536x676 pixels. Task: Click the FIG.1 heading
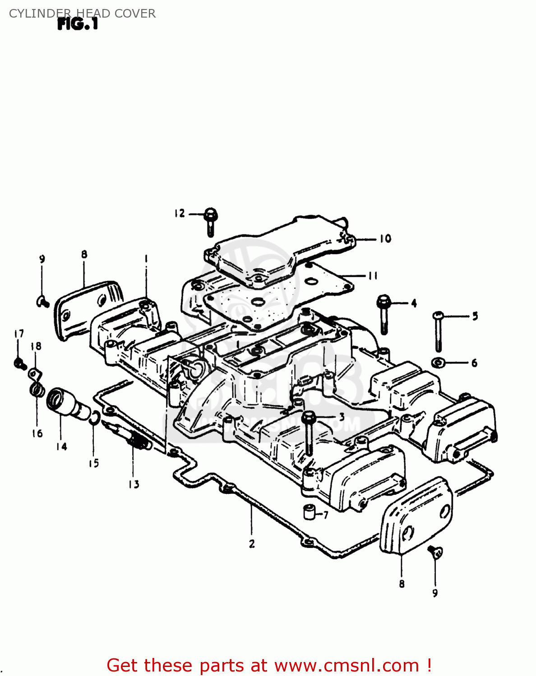click(78, 24)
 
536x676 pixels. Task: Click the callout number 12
click(180, 213)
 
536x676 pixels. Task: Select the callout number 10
click(385, 238)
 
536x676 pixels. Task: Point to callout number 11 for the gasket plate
click(373, 275)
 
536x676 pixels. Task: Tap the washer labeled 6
click(437, 362)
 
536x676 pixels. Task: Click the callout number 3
click(342, 417)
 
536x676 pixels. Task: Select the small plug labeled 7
click(309, 512)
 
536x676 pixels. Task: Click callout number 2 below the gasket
click(252, 544)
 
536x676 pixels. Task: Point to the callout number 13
click(134, 484)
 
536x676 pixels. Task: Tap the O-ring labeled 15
click(93, 418)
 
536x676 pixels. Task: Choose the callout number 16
click(37, 434)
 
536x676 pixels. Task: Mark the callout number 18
click(36, 346)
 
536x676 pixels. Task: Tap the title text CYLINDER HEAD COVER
click(82, 14)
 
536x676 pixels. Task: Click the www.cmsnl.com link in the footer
click(347, 666)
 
